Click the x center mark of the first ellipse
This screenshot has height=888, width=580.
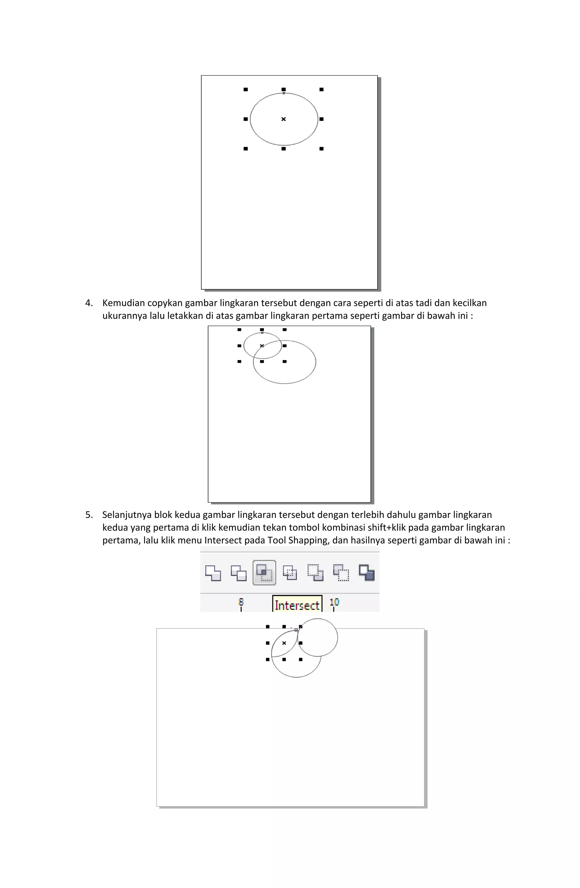(x=283, y=119)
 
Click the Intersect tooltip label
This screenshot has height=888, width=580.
(x=297, y=605)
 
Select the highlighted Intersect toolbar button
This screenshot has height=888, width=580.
(x=264, y=572)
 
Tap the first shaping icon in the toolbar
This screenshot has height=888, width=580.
(x=213, y=573)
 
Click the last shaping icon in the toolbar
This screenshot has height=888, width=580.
(x=366, y=572)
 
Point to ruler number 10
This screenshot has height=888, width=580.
(x=334, y=601)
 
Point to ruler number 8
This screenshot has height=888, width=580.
(x=241, y=601)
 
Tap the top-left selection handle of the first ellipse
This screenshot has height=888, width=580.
(x=245, y=90)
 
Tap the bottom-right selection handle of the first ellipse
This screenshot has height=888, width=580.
(x=321, y=149)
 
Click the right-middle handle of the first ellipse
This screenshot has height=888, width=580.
(x=321, y=119)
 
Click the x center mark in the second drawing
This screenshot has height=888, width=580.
(x=262, y=346)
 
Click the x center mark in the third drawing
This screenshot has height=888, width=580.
(x=284, y=643)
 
